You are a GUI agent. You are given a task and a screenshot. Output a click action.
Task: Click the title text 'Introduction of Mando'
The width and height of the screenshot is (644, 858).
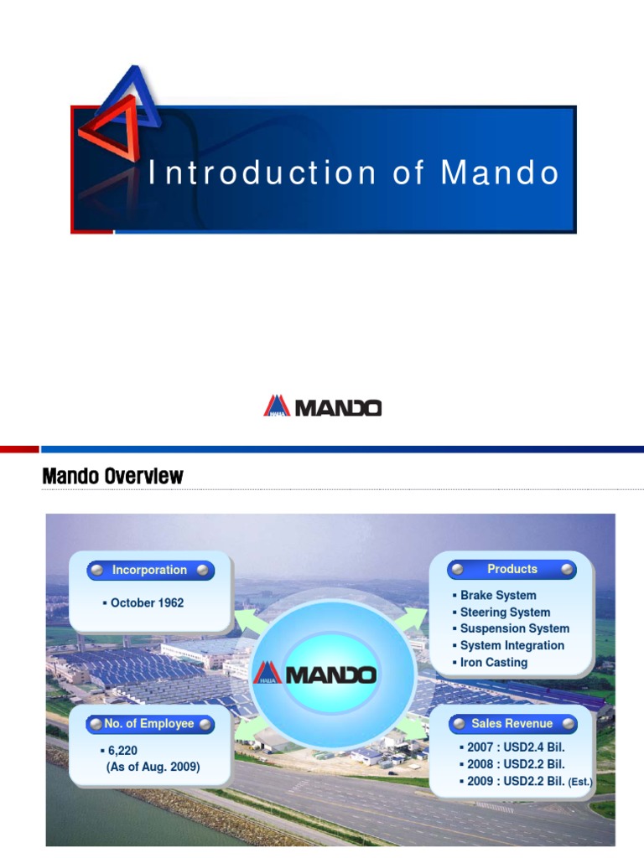[353, 173]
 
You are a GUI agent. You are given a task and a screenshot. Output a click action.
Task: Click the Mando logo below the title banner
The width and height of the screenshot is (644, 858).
[322, 407]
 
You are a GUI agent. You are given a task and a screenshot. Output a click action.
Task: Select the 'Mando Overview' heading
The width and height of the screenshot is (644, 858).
[112, 477]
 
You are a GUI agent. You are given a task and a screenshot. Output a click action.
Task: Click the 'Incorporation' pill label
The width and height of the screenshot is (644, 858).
[149, 571]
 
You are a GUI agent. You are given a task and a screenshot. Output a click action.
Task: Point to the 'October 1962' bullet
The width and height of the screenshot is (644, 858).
[146, 602]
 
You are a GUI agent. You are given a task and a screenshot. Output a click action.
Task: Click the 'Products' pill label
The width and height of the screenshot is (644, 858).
[512, 569]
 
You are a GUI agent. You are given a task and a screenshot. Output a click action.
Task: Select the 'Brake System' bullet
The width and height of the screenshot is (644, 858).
[497, 595]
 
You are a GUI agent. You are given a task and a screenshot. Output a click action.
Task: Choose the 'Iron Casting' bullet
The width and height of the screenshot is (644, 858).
[493, 662]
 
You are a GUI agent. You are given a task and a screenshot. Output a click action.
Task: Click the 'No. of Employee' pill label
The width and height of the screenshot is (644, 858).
[149, 724]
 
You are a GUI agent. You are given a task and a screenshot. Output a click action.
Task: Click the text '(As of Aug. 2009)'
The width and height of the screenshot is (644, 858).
[153, 767]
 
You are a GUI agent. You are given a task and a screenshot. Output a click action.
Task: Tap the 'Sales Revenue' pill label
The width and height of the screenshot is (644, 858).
[512, 724]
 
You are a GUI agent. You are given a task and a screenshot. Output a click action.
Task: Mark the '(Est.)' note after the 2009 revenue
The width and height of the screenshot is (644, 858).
[580, 783]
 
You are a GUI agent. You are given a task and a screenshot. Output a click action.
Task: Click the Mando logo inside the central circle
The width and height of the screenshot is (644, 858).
[315, 673]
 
